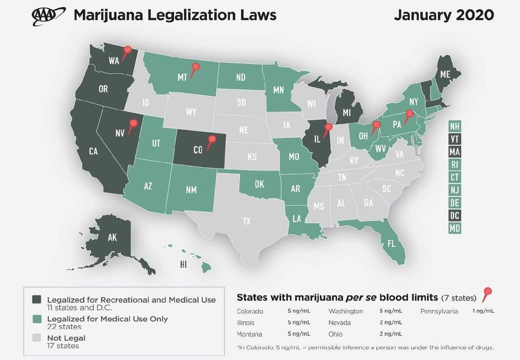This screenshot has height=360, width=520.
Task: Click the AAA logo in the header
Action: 48,15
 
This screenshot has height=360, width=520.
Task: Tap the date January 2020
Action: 444,15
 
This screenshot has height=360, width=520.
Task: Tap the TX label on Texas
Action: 246,221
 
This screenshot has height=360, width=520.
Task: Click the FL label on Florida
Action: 391,244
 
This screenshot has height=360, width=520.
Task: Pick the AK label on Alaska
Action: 112,237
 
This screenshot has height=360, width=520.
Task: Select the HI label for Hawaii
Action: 183,264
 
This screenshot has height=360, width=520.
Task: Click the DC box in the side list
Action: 455,215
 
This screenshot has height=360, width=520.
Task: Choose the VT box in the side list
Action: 455,139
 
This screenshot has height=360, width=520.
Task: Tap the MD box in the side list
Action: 455,228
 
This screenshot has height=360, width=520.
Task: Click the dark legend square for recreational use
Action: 37,300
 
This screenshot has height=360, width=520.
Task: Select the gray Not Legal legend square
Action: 37,338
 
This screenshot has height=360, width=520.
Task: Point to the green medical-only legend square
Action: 37,319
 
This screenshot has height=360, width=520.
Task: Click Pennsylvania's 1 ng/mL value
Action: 483,311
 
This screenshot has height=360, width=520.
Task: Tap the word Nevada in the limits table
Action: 339,323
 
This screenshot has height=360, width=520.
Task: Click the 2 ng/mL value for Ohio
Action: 391,334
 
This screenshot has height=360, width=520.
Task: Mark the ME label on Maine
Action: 445,74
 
